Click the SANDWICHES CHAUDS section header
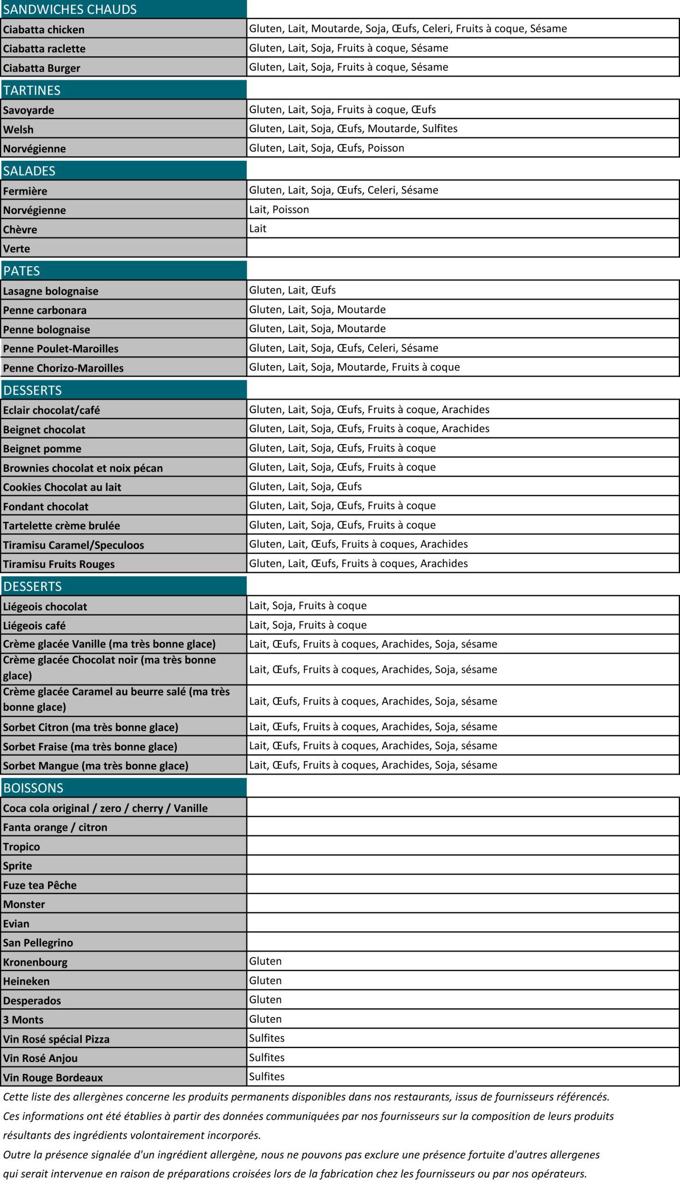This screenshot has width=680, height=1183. pos(70,9)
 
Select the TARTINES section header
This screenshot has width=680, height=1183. pos(32,90)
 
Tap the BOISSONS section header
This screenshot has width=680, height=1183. pos(33,788)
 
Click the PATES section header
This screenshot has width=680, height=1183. pos(22,271)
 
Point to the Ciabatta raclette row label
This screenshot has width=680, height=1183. pos(44,49)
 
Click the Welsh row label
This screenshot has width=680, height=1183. pos(18,129)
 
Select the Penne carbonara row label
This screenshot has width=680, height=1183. pos(45,310)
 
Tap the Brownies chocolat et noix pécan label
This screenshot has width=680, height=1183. pos(83,468)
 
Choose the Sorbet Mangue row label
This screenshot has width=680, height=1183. pos(96,765)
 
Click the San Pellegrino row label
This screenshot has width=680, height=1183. pos(38,943)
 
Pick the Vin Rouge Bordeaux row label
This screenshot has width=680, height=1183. pos(53,1078)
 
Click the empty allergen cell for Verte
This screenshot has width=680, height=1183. pos(462,248)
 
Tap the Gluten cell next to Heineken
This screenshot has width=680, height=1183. pos(265,980)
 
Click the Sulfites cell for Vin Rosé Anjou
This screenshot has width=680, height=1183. pos(267,1057)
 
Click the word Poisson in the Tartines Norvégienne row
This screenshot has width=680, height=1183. pos(386,148)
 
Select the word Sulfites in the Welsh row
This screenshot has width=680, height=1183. pos(439,128)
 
